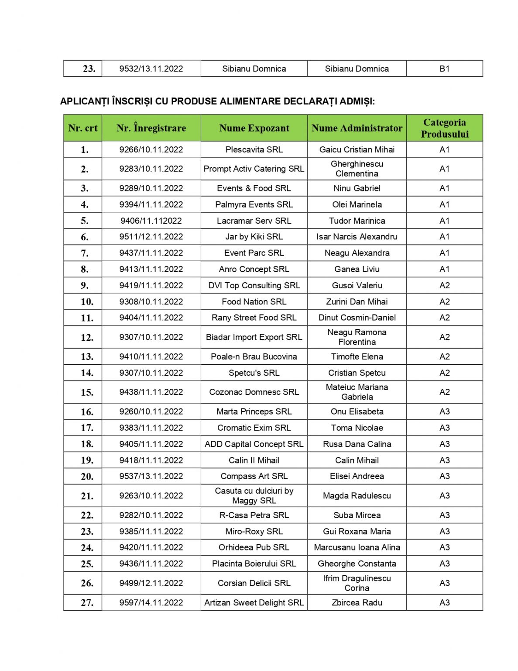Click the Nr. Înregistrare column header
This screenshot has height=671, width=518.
(151, 128)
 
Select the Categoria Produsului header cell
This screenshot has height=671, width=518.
(444, 128)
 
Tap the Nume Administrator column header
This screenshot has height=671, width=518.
(357, 128)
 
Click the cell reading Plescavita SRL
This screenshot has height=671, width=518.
(254, 149)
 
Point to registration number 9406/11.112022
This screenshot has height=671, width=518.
(151, 221)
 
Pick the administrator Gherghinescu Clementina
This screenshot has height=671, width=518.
(357, 169)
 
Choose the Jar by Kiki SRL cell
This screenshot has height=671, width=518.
(254, 237)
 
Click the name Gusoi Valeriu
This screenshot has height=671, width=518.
(357, 285)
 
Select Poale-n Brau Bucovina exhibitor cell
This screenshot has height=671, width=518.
(254, 356)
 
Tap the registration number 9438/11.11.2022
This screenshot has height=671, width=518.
(151, 392)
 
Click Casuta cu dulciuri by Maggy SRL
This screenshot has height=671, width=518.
(254, 495)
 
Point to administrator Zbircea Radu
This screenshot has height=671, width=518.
(357, 602)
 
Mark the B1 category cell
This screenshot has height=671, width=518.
(444, 69)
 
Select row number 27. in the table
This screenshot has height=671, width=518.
(87, 602)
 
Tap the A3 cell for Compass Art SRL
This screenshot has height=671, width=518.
(444, 476)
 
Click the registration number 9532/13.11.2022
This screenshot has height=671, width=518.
(151, 69)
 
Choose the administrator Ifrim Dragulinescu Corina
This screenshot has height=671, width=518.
(357, 583)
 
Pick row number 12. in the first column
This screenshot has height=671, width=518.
(87, 337)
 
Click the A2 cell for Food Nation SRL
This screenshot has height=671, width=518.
(444, 301)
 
